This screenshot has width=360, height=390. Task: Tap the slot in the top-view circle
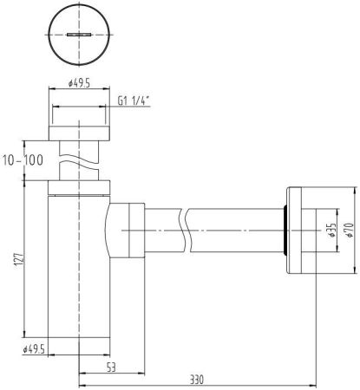click(x=77, y=35)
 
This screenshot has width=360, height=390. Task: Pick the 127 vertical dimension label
click(x=18, y=263)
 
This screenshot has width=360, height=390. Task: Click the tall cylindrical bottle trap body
click(x=78, y=277)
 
